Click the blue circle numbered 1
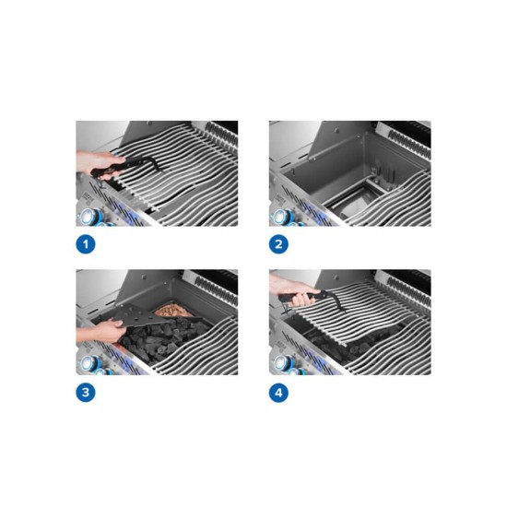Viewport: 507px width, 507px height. point(86,244)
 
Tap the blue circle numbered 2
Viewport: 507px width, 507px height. point(278,244)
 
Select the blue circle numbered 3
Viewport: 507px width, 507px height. point(86,393)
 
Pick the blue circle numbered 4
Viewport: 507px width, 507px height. point(278,393)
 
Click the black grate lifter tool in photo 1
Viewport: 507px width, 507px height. point(129,166)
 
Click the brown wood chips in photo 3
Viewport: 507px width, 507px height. point(170,310)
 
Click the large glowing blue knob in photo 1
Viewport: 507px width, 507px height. point(88,216)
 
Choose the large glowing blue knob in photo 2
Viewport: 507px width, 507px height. point(280,217)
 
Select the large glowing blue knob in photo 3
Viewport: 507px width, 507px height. point(88,364)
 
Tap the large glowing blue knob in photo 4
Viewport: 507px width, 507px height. point(280,364)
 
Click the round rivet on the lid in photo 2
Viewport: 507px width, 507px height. point(336,130)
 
